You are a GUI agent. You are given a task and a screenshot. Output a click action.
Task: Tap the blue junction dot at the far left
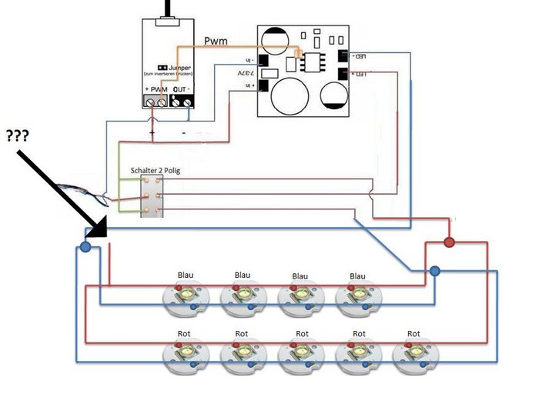85,247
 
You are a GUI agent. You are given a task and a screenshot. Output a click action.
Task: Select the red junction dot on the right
450,243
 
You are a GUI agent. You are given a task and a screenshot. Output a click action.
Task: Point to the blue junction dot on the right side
435,271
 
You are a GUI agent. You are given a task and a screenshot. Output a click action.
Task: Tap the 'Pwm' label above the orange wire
216,40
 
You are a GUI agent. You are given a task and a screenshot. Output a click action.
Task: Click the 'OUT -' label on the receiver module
182,90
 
